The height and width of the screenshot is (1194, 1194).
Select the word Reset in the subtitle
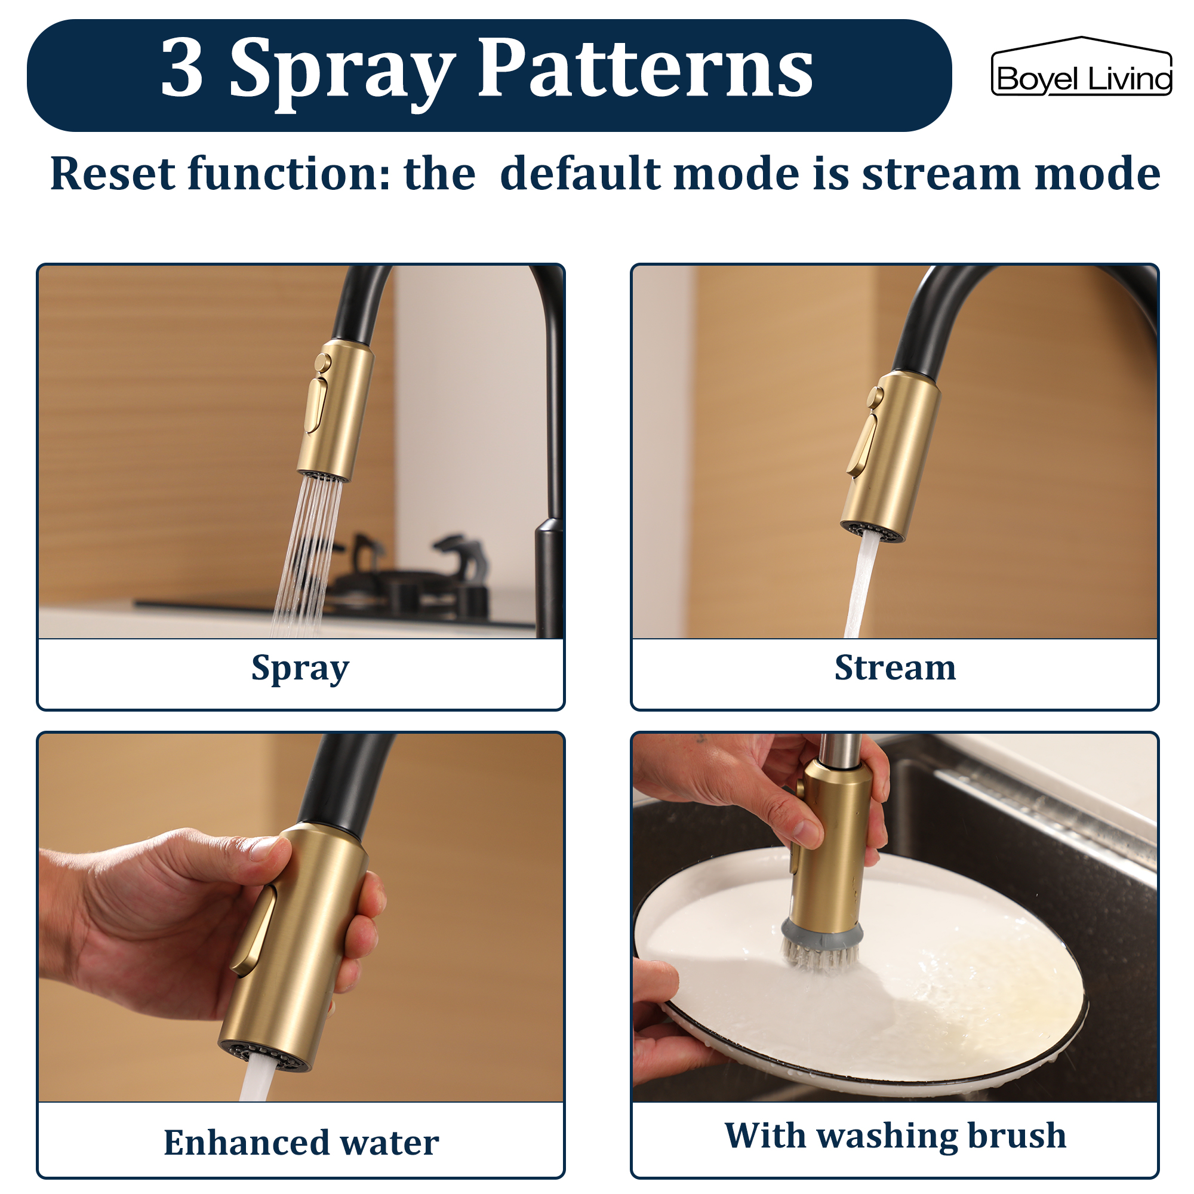pos(112,174)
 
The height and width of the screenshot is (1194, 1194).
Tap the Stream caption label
pos(894,668)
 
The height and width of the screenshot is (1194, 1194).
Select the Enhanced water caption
pos(301,1142)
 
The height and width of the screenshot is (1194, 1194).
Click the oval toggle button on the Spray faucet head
pos(316,405)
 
